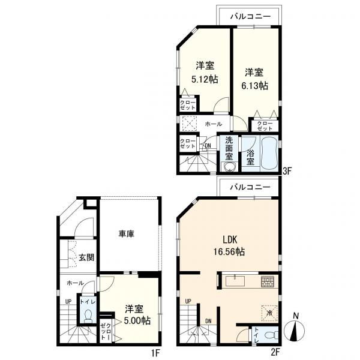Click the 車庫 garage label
(126, 234)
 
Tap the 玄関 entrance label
(86, 257)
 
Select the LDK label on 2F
(230, 239)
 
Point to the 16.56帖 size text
(229, 252)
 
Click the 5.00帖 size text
(137, 320)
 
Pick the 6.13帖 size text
(254, 86)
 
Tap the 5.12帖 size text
(205, 79)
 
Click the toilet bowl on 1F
(88, 317)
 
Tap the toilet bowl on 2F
(270, 335)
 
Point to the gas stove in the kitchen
(267, 282)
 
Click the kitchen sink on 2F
(235, 281)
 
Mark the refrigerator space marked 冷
(269, 313)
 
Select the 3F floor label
(287, 171)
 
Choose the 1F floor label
(155, 353)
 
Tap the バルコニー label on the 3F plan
(251, 17)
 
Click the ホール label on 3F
(213, 124)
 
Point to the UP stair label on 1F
(68, 301)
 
